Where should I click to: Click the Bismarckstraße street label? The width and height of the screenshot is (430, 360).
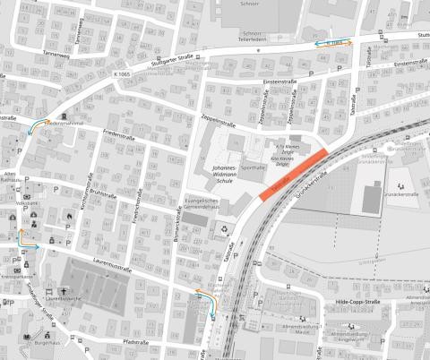(178, 236)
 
